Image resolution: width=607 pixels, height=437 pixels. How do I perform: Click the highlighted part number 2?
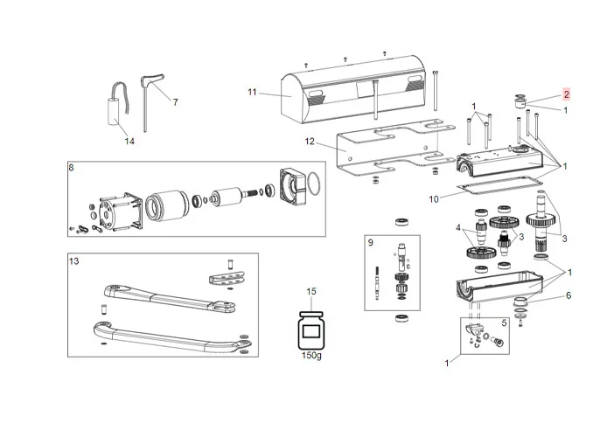pos(566,94)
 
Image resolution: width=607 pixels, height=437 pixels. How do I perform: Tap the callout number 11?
pos(252,92)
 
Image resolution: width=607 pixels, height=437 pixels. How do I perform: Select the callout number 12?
pos(308,142)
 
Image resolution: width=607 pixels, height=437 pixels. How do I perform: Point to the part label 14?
pos(129,141)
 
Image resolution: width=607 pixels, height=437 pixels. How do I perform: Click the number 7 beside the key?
pos(175,102)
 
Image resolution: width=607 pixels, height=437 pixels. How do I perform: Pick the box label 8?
pos(72,165)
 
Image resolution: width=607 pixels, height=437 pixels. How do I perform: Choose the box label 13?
pos(74,261)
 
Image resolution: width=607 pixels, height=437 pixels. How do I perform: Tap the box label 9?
pos(371,242)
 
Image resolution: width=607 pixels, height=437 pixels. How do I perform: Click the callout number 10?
pos(434,199)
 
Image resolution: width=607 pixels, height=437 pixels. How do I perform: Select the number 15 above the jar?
pos(310,290)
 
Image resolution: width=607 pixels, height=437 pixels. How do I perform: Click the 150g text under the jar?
pos(310,357)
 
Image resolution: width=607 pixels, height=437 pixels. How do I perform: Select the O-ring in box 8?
pos(311,186)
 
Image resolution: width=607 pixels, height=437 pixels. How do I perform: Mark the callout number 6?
pos(568,295)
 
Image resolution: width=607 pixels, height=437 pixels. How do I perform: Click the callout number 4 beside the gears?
pos(457,228)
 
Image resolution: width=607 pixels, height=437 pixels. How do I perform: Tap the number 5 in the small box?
pos(504,323)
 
